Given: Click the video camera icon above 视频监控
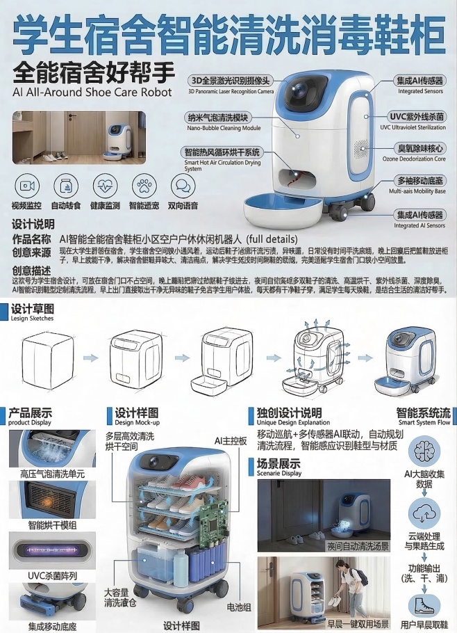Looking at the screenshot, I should (27, 186).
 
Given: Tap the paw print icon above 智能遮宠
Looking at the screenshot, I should (144, 186).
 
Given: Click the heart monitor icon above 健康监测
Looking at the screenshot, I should (105, 186).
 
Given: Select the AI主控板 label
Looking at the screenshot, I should (231, 440).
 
